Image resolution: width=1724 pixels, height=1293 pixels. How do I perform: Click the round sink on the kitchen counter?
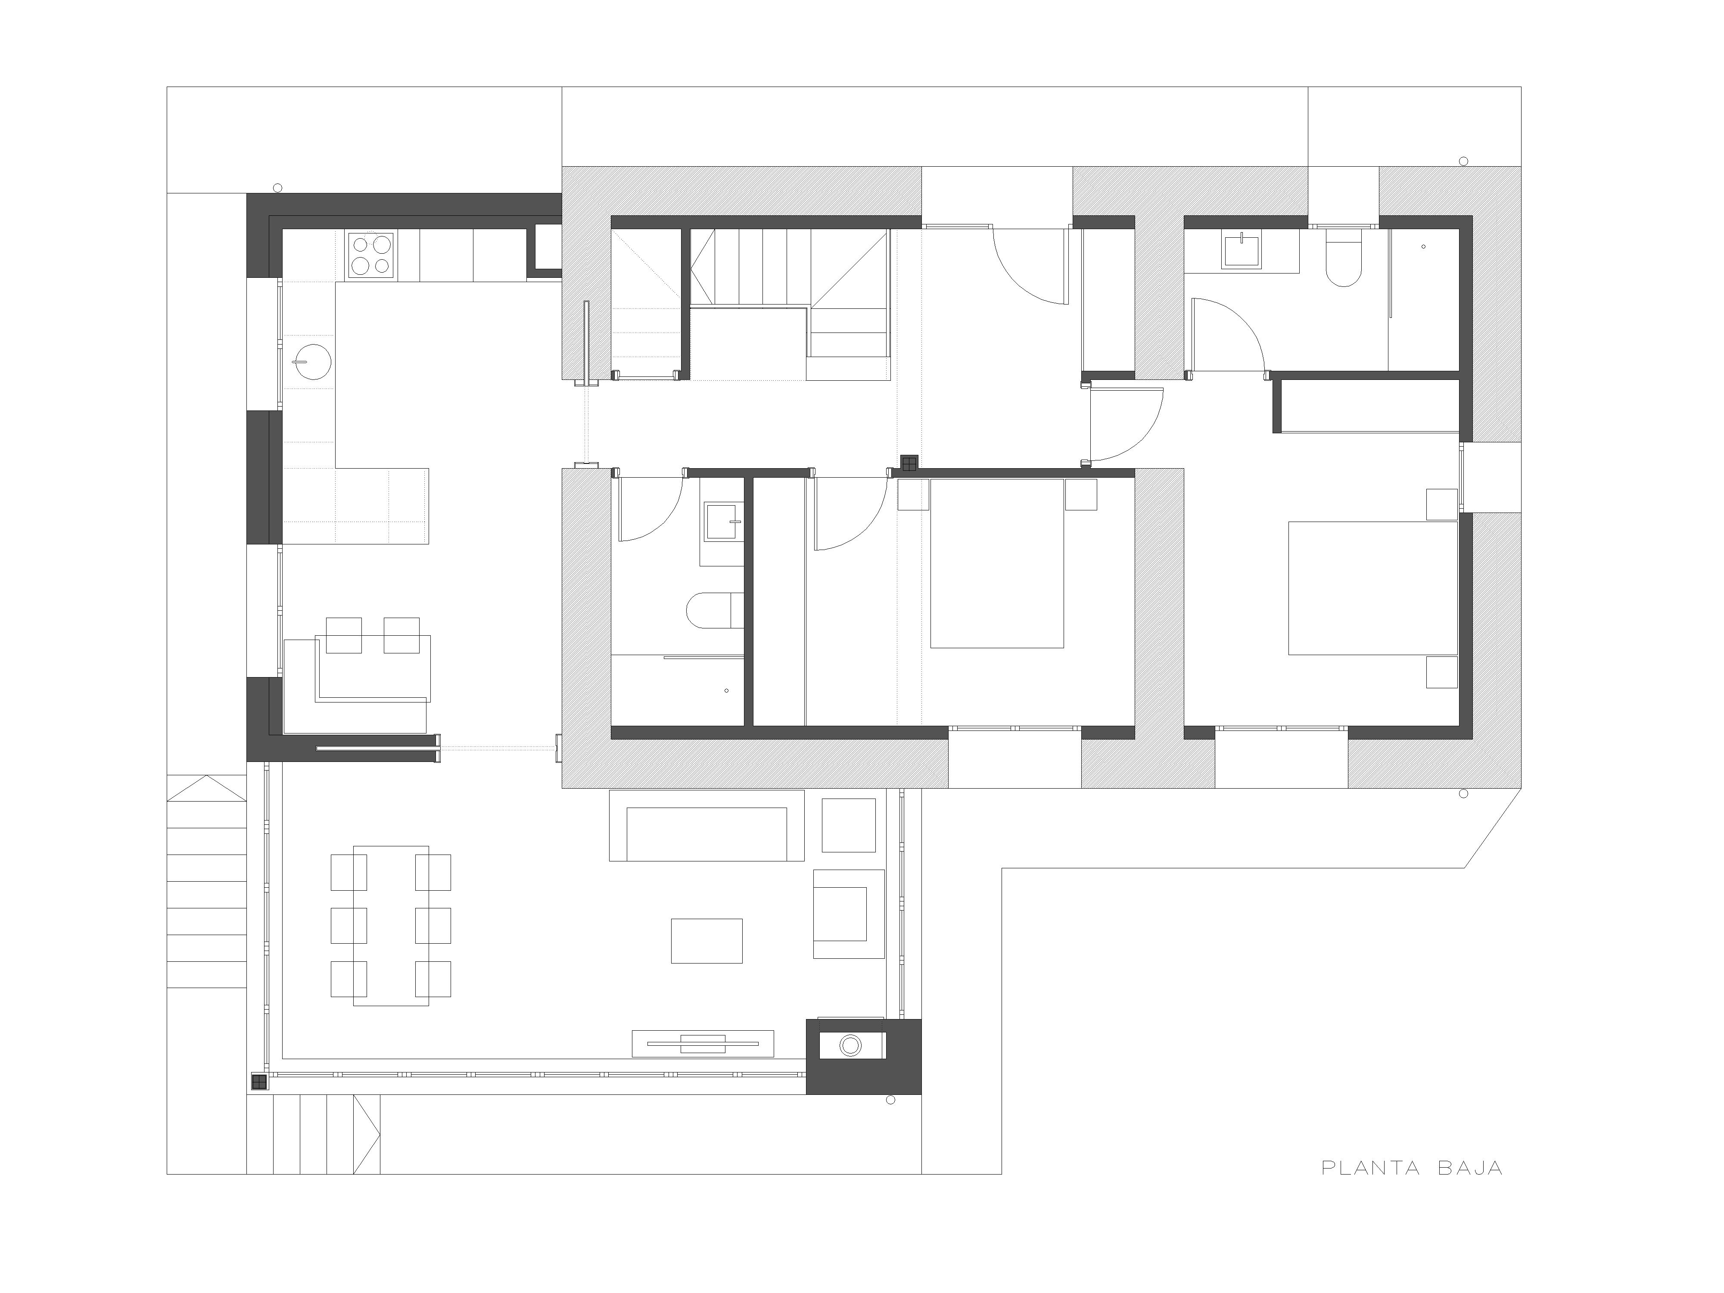coord(313,362)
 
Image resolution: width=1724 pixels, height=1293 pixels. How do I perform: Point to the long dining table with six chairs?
coord(390,925)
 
